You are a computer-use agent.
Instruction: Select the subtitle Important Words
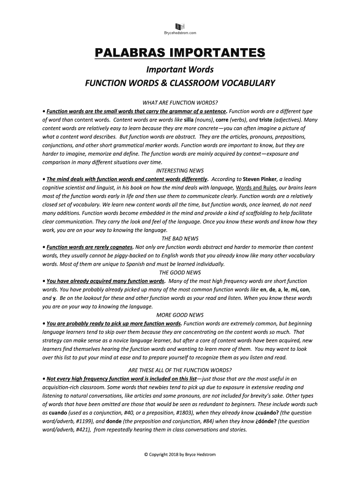(x=180, y=70)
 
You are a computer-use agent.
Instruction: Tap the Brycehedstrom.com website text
(x=180, y=33)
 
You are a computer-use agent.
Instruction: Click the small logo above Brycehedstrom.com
(x=180, y=26)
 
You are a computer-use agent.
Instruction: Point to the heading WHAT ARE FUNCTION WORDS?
(x=180, y=103)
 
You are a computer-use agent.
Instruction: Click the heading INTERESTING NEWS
(x=180, y=171)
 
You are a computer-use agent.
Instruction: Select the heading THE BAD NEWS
(x=180, y=239)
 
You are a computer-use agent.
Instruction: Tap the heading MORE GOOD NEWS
(x=180, y=315)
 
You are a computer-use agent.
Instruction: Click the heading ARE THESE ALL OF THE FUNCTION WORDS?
(x=180, y=370)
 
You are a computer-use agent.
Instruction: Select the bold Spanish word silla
(x=192, y=120)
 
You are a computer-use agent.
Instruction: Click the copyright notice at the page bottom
(x=180, y=454)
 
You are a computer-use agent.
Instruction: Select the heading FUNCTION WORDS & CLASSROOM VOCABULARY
(x=180, y=84)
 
